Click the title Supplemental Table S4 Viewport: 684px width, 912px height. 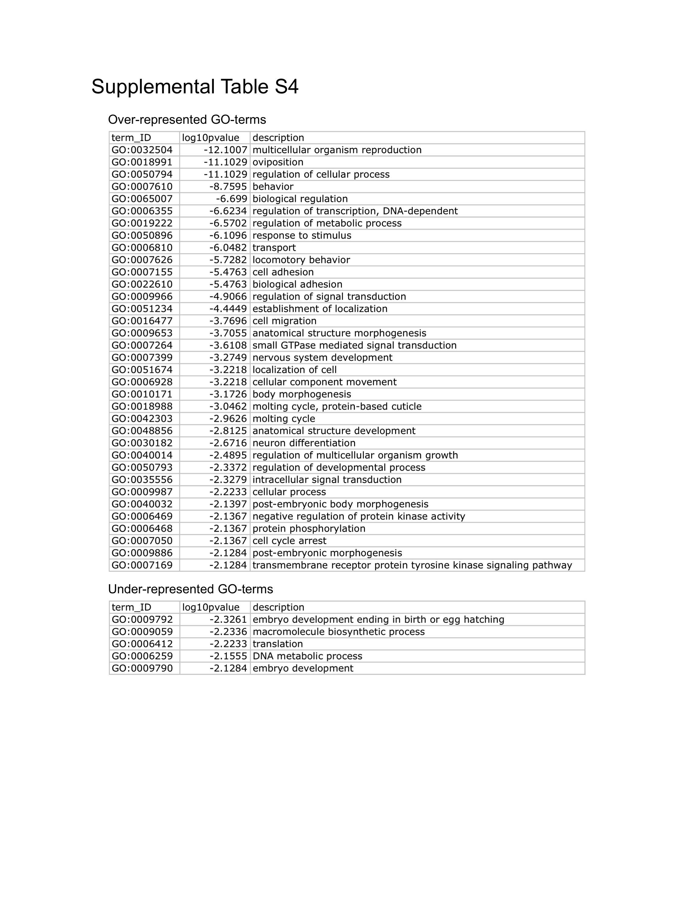[195, 87]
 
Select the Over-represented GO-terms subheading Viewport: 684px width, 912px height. [187, 120]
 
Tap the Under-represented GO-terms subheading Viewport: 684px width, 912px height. [190, 589]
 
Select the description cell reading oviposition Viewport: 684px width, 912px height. [278, 162]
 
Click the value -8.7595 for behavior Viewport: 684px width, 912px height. [228, 187]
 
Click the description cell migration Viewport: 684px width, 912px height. [284, 321]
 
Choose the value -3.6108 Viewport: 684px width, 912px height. [228, 345]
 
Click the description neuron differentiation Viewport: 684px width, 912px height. [304, 443]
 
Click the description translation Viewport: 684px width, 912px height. [277, 644]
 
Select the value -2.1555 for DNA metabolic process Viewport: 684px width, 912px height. [228, 656]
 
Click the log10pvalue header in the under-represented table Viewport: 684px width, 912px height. [211, 607]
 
